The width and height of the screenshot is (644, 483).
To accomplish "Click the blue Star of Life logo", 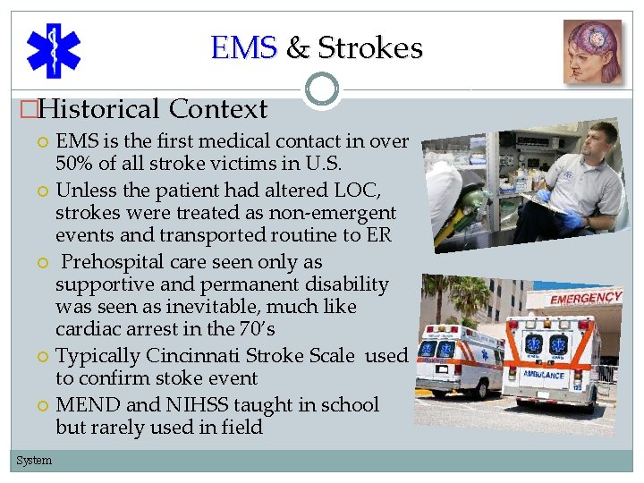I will [x=53, y=50].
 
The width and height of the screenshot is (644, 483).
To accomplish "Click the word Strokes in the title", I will [x=370, y=47].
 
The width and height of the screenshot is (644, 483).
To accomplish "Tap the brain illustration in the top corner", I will [x=592, y=51].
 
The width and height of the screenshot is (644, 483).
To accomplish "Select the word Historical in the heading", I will [x=99, y=109].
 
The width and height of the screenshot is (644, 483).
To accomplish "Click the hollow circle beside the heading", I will [x=322, y=89].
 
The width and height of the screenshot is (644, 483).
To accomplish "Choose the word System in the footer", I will [x=34, y=461].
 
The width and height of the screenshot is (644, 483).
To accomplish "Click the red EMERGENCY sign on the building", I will [x=586, y=298].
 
